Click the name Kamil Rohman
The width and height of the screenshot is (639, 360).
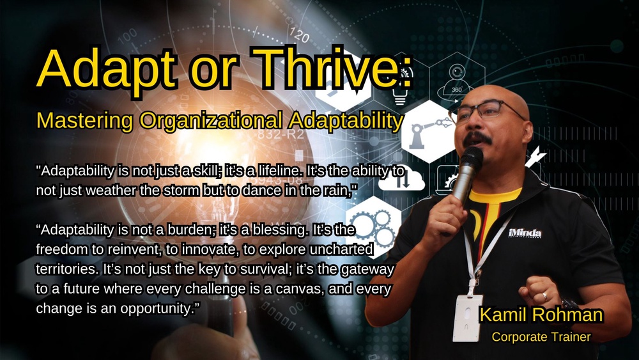541,315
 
